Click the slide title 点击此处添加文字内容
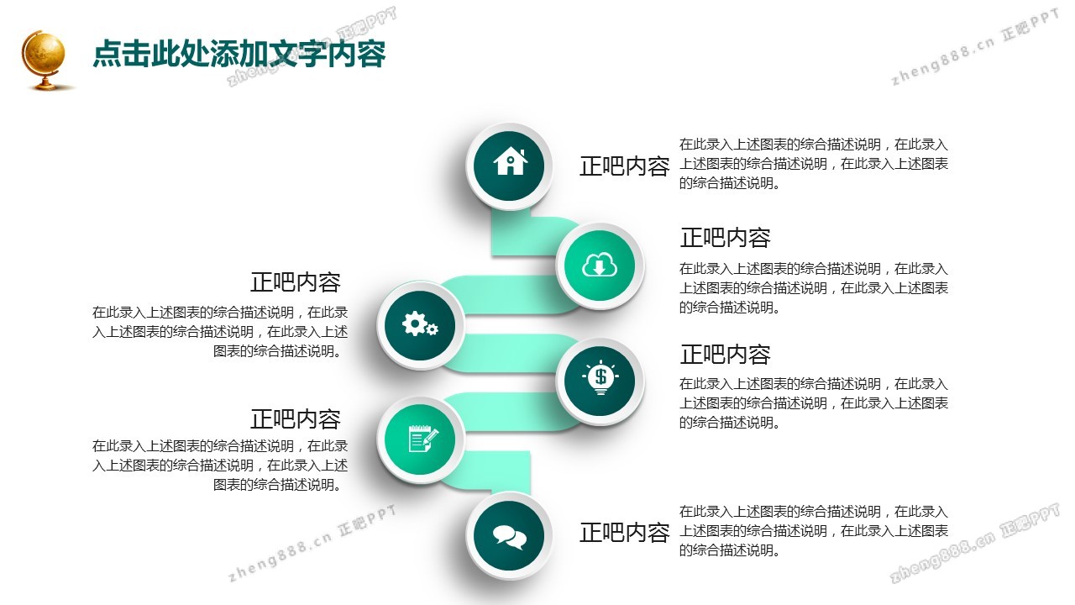point(239,53)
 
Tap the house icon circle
point(509,166)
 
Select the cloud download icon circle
point(600,266)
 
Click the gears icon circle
point(420,325)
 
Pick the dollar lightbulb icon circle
point(600,381)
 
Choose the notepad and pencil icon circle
point(420,439)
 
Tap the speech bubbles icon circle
point(509,536)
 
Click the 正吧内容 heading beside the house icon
point(624,166)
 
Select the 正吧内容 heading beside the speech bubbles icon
point(624,533)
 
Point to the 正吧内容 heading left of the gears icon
point(296,282)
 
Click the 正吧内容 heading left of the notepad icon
point(296,419)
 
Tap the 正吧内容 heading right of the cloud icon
point(725,238)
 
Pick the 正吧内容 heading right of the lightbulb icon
point(725,355)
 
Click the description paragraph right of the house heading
point(814,164)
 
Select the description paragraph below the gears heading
point(220,332)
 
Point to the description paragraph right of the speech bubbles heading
point(814,530)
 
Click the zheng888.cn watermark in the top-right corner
point(974,47)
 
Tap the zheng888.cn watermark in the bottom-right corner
point(974,543)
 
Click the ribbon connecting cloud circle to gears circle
point(510,295)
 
